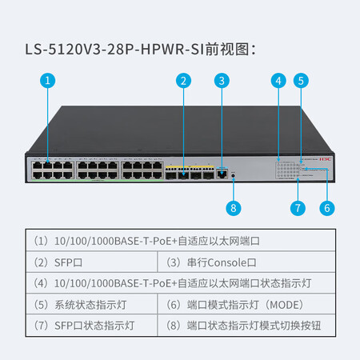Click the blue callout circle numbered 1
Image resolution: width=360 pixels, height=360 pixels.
coord(48,81)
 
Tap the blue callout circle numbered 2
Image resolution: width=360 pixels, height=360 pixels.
coord(183,81)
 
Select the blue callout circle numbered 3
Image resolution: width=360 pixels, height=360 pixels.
coord(222,81)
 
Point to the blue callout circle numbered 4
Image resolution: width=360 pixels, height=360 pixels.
coord(278,81)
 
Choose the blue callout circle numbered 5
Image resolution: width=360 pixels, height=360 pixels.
coord(301,81)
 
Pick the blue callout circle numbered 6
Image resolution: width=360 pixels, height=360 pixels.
coord(327,208)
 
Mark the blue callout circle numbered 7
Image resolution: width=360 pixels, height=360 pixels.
coord(298,208)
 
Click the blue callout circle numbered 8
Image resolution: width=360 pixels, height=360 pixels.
coord(234,208)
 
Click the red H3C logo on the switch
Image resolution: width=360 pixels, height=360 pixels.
coord(325,159)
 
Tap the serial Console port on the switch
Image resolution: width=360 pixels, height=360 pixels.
coord(222,174)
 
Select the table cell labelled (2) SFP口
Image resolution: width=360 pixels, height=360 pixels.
coord(92,262)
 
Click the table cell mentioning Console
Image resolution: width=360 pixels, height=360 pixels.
coord(246,262)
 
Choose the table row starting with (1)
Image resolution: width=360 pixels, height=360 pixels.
coord(181,241)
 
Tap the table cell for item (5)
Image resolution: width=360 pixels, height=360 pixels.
coord(92,304)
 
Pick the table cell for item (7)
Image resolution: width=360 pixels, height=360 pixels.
coord(92,326)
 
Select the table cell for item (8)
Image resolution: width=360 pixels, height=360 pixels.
coord(246,326)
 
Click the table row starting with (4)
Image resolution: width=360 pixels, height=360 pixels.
coord(181,283)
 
